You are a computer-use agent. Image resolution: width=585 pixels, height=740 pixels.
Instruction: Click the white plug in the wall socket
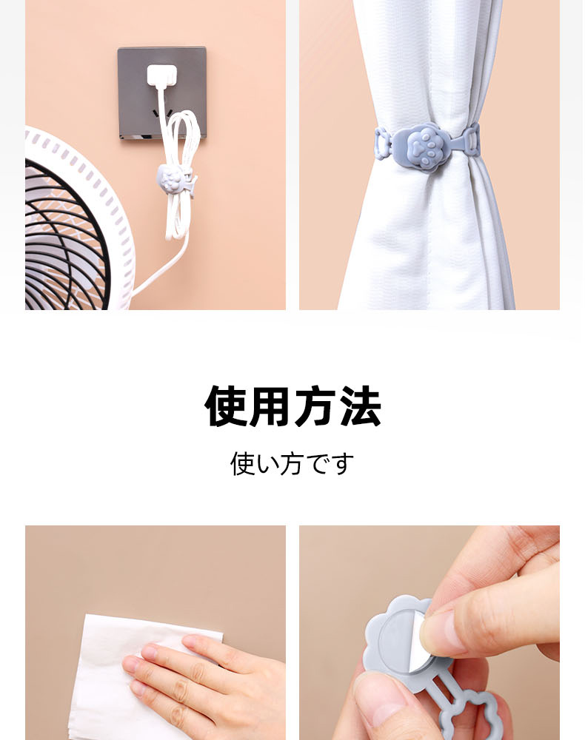point(162,76)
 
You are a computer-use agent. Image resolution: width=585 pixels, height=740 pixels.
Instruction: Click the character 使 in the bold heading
point(225,406)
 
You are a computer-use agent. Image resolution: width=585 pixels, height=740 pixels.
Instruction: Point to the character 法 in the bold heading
point(360,406)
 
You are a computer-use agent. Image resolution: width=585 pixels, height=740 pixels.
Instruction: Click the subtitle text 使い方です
point(292,463)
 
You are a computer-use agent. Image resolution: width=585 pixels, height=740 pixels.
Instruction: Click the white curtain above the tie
point(425,61)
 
